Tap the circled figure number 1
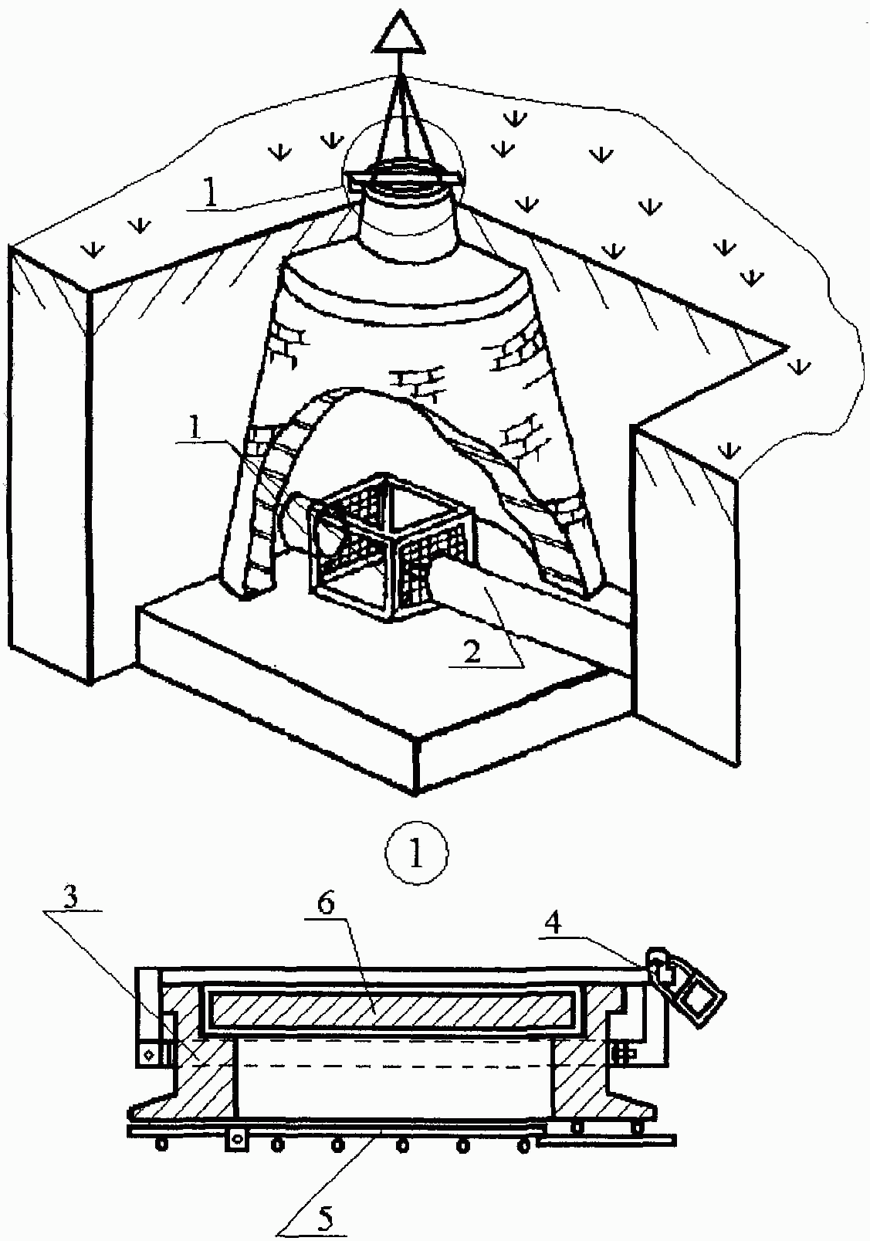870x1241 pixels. [x=416, y=854]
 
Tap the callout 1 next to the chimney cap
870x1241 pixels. [x=210, y=195]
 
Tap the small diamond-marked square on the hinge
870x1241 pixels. [x=148, y=1055]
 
